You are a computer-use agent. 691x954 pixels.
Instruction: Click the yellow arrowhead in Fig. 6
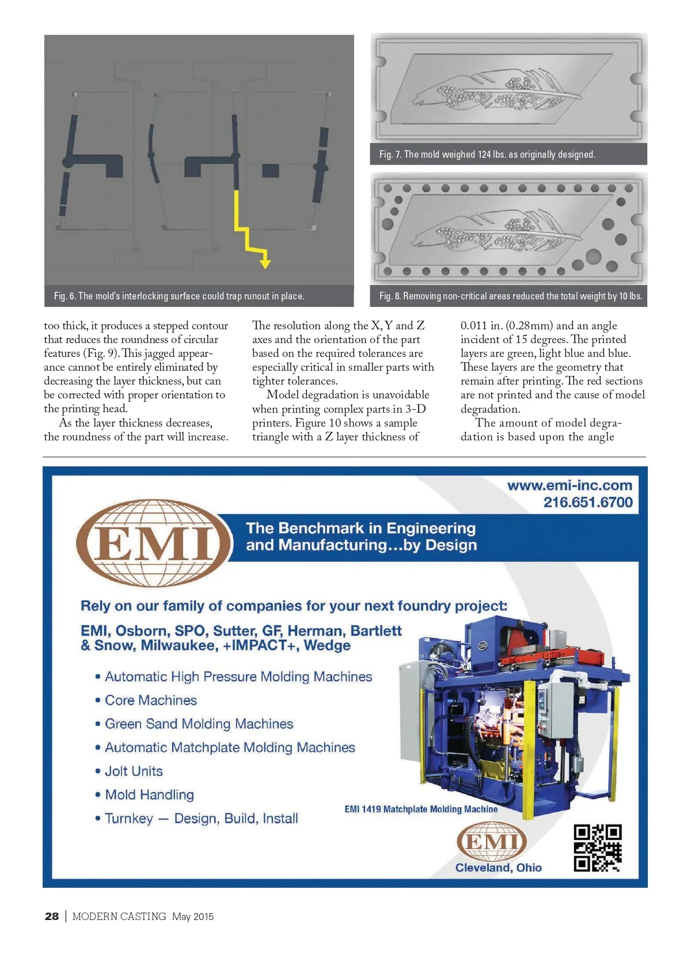click(265, 263)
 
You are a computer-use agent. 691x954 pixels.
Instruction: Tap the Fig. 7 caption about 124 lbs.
click(487, 154)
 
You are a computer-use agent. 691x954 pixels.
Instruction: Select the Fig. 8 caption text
click(510, 296)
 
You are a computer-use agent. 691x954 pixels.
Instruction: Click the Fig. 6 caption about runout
click(179, 296)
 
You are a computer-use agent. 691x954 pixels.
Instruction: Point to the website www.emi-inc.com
click(569, 485)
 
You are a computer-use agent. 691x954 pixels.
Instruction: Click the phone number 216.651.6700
click(588, 502)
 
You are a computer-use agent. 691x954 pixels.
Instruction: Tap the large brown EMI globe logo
click(154, 543)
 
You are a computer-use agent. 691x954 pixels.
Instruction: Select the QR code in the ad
click(597, 847)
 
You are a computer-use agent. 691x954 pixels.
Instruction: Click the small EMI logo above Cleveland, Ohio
click(492, 841)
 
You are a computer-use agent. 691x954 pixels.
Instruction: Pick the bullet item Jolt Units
click(134, 771)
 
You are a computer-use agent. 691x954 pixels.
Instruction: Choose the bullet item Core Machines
click(151, 700)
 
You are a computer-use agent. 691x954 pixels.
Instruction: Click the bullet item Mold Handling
click(149, 795)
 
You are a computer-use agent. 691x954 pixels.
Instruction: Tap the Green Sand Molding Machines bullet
click(199, 724)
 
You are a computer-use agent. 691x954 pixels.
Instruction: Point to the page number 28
click(52, 916)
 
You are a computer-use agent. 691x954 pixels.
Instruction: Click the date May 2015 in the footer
click(193, 917)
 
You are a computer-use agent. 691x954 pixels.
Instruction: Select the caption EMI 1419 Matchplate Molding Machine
click(421, 809)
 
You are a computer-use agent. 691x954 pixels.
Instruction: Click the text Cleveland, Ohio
click(499, 868)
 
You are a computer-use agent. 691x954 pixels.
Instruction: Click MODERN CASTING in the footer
click(119, 917)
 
